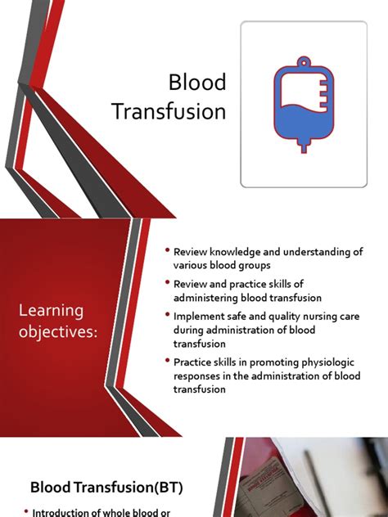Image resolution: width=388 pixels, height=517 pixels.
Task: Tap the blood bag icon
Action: pyautogui.click(x=303, y=106)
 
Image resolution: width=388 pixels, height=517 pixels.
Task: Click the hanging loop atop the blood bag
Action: pyautogui.click(x=303, y=64)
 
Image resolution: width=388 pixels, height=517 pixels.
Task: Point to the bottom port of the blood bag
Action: pyautogui.click(x=303, y=147)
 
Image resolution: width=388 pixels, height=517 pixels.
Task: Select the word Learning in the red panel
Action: pyautogui.click(x=52, y=310)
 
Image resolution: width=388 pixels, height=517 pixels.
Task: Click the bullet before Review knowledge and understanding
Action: pyautogui.click(x=167, y=250)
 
